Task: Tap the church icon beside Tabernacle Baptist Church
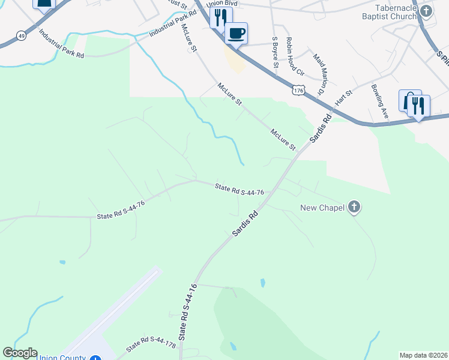tap(426, 11)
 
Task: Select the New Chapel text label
tap(322, 208)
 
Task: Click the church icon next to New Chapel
tap(354, 208)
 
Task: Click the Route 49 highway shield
tap(21, 36)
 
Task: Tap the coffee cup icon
tap(236, 33)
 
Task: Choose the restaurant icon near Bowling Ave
tap(419, 106)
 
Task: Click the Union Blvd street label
tap(223, 4)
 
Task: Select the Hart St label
tap(343, 96)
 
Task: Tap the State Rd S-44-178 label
tap(151, 343)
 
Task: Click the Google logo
tap(20, 353)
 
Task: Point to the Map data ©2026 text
tap(423, 355)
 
